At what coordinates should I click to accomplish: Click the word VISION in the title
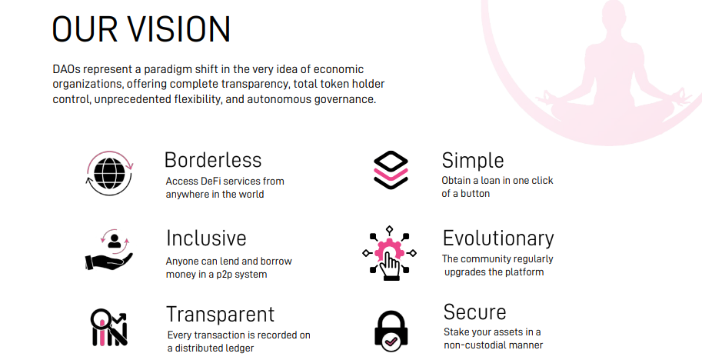(178, 29)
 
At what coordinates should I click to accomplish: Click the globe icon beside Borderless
(110, 173)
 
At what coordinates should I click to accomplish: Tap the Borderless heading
(213, 160)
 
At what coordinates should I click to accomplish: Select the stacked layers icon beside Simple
(391, 170)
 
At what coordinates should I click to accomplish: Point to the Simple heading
(473, 161)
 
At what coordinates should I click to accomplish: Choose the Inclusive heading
(206, 238)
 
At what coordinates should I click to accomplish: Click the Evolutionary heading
(498, 238)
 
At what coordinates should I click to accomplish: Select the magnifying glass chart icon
(109, 328)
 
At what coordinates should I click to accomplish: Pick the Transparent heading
(220, 315)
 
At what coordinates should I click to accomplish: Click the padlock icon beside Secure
(391, 332)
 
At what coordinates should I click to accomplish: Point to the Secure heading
(474, 312)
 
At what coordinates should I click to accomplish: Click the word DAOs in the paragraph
(67, 69)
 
